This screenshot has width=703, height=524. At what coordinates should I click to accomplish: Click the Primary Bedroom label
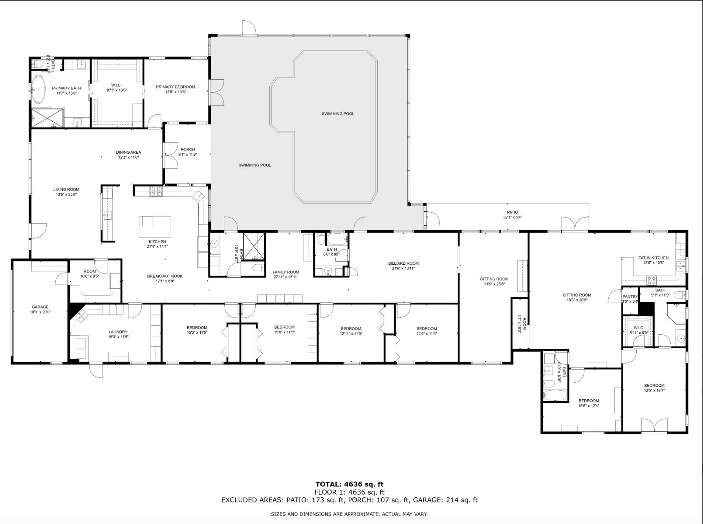click(175, 87)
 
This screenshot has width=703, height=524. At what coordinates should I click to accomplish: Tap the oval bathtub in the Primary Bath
click(38, 89)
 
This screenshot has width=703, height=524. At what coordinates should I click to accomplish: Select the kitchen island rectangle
click(155, 227)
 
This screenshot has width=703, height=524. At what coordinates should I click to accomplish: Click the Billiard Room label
click(403, 264)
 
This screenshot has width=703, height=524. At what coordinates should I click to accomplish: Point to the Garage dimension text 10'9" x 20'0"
click(40, 312)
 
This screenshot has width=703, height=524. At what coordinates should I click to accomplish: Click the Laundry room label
click(118, 332)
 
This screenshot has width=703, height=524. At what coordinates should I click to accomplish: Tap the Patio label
click(513, 212)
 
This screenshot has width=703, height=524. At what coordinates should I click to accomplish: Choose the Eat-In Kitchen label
click(653, 258)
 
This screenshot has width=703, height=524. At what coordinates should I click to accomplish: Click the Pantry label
click(630, 297)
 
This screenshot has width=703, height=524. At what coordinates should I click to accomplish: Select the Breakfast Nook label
click(165, 276)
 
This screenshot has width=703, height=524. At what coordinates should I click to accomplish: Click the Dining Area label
click(128, 152)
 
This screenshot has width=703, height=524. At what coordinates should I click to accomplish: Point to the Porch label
click(188, 149)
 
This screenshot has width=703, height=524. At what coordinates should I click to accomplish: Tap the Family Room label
click(286, 272)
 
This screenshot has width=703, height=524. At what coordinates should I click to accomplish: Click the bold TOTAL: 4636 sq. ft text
click(349, 484)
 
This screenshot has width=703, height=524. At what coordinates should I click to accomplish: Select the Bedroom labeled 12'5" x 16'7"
click(654, 386)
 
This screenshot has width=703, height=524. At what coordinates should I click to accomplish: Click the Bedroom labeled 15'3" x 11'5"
click(197, 328)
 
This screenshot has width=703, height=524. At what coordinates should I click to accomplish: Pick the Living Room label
click(66, 189)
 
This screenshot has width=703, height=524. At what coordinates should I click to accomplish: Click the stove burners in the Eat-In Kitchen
click(651, 280)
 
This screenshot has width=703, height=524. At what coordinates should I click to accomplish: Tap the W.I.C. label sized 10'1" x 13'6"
click(116, 85)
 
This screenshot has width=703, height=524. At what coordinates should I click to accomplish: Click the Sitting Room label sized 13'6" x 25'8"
click(494, 279)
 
